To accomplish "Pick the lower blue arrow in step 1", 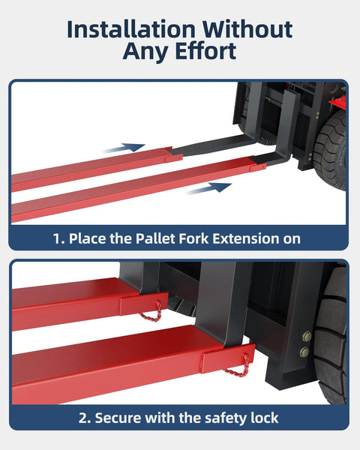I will click(x=208, y=188).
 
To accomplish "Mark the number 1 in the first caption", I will click(x=57, y=239).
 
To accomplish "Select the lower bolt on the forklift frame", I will click(x=305, y=352).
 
